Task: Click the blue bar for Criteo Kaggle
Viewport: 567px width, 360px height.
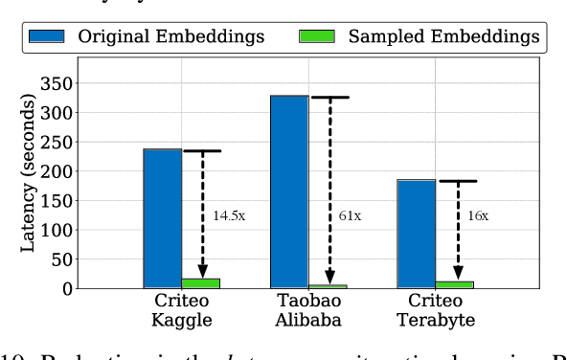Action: click(x=163, y=217)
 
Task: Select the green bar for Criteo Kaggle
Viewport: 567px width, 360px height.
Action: click(x=202, y=282)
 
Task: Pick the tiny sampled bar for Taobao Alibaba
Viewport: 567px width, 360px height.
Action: click(x=329, y=285)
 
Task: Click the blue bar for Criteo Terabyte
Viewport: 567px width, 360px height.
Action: click(x=416, y=233)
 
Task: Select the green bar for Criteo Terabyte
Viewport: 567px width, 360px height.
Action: click(x=455, y=283)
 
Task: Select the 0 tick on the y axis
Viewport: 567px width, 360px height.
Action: click(x=66, y=288)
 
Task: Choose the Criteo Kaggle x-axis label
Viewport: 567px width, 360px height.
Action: click(x=182, y=309)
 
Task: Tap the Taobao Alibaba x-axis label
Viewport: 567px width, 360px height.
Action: click(x=308, y=309)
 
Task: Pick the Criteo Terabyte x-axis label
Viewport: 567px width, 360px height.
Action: click(x=435, y=309)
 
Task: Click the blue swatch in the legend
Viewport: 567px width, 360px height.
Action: click(x=47, y=36)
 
